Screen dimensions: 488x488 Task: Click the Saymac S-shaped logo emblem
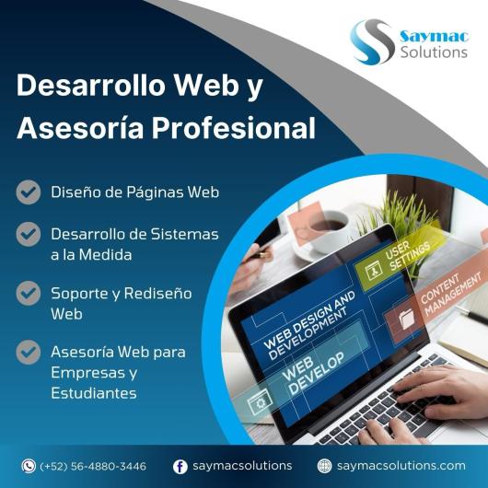pyautogui.click(x=372, y=42)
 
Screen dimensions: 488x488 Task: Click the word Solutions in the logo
pyautogui.click(x=434, y=52)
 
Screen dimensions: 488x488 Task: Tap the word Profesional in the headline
pyautogui.click(x=234, y=128)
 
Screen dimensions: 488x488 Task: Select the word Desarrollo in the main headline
pyautogui.click(x=90, y=85)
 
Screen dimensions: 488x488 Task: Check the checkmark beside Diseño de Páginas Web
pyautogui.click(x=29, y=192)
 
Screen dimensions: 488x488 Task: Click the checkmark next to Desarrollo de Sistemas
pyautogui.click(x=29, y=235)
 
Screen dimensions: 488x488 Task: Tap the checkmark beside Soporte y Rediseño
pyautogui.click(x=29, y=293)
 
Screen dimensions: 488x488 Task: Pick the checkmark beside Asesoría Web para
pyautogui.click(x=29, y=352)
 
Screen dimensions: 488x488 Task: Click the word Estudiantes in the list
pyautogui.click(x=94, y=393)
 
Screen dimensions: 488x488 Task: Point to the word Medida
pyautogui.click(x=105, y=255)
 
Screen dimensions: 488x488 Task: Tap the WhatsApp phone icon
pyautogui.click(x=29, y=466)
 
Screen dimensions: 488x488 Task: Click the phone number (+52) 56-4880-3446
pyautogui.click(x=93, y=466)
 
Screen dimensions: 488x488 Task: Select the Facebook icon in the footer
pyautogui.click(x=180, y=467)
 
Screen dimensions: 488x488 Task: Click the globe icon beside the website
pyautogui.click(x=325, y=466)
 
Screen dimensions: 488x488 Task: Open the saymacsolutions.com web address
pyautogui.click(x=401, y=466)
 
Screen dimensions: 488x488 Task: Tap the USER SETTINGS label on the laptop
pyautogui.click(x=408, y=256)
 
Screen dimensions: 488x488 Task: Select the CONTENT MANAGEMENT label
pyautogui.click(x=450, y=294)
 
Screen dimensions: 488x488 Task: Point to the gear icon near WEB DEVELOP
pyautogui.click(x=260, y=402)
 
